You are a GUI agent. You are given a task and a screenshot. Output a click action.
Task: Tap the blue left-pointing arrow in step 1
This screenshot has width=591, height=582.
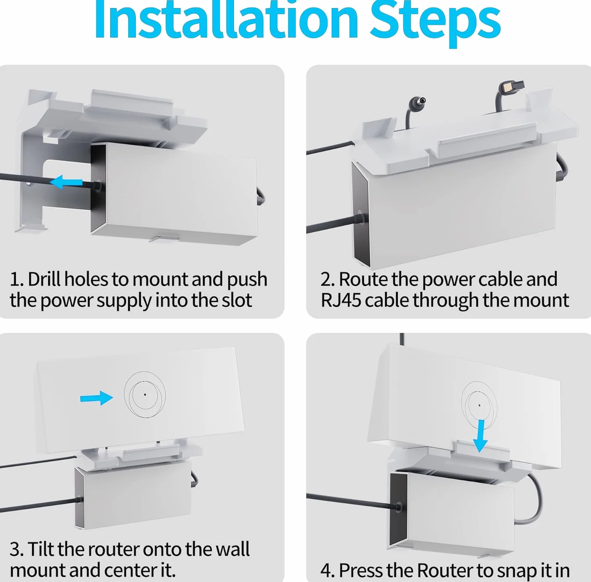point(66,182)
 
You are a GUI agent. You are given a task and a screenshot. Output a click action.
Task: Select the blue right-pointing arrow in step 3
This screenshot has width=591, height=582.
point(96,398)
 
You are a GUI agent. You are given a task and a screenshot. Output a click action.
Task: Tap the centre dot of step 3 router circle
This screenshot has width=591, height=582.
point(145,395)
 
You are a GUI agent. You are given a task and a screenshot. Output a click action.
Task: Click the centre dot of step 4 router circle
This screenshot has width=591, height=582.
point(479,406)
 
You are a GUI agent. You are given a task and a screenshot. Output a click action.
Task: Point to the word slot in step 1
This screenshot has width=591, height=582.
point(237,300)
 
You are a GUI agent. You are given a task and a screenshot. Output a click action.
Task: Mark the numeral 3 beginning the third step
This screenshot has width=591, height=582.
point(15,549)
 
